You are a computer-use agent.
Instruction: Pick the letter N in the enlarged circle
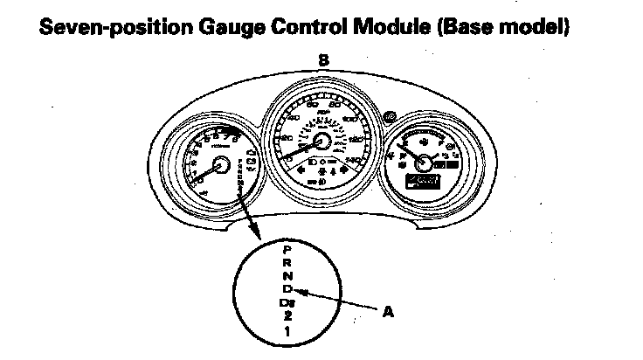288,276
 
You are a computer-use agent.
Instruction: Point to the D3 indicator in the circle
288,302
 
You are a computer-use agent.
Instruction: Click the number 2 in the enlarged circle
288,316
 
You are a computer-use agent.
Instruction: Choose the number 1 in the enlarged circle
288,332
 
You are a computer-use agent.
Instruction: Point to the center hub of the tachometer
218,163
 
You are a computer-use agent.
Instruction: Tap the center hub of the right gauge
425,162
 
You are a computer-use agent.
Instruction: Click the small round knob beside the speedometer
388,115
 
